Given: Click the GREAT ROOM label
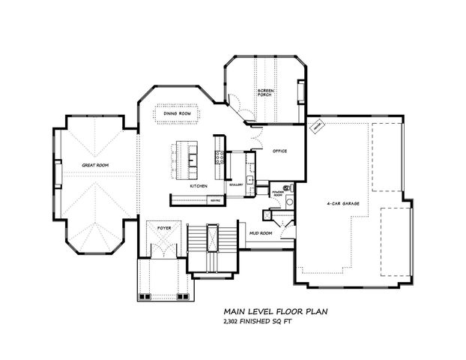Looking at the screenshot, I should (96, 164).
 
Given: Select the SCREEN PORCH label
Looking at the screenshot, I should (267, 93).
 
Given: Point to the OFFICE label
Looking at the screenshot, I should (280, 151).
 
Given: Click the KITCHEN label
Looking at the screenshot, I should (199, 185).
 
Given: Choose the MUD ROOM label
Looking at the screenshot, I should (260, 234).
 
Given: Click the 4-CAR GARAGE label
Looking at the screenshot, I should (341, 203).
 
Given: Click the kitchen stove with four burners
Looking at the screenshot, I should (220, 157).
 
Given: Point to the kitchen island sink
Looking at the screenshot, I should (193, 159).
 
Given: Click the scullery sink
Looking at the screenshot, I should (249, 180).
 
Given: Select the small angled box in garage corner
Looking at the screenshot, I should (316, 128).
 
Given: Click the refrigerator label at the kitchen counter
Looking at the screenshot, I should (214, 200).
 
